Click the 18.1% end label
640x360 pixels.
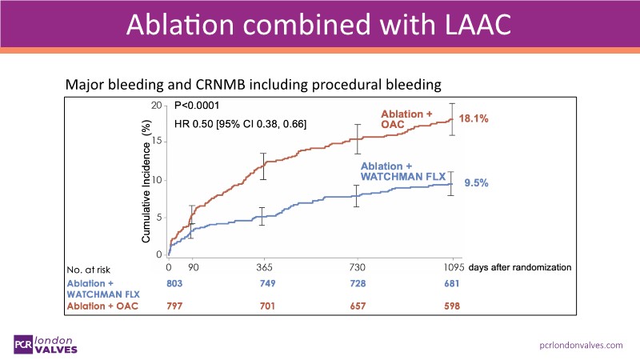[474, 118]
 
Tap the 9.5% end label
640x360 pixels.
[475, 182]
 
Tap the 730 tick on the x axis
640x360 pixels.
[357, 266]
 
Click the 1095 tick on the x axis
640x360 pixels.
[453, 266]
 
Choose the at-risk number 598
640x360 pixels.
[453, 306]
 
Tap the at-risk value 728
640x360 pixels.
[357, 283]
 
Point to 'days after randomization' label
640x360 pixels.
[521, 266]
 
